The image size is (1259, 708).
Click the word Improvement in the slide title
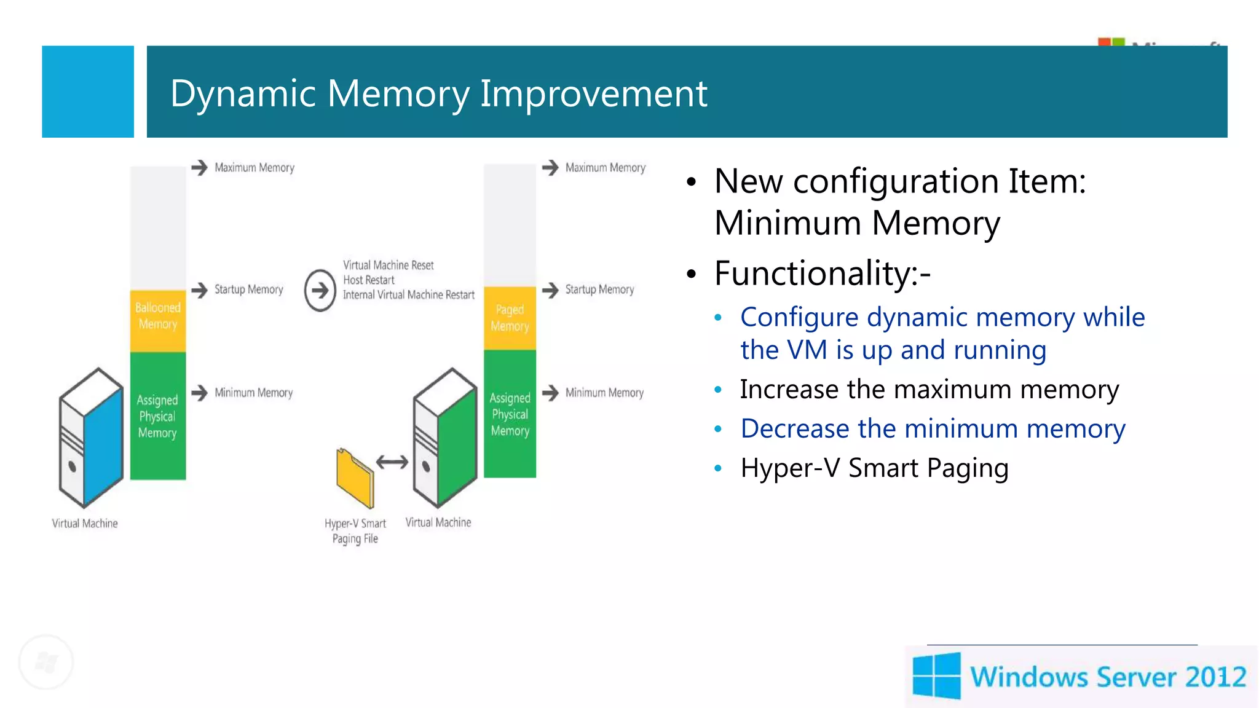coord(593,93)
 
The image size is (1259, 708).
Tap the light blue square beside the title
coord(88,92)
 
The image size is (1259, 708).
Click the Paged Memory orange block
coord(510,318)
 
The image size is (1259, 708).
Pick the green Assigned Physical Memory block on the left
coord(158,415)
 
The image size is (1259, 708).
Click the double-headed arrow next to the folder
coord(392,462)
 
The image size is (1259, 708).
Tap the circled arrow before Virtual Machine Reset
coord(320,290)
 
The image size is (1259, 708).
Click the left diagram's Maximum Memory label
coord(255,168)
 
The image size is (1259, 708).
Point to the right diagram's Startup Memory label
coord(599,289)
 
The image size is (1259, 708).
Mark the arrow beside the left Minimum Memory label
coord(200,393)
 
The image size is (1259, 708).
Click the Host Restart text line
coord(369,280)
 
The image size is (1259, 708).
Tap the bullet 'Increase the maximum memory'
coord(929,390)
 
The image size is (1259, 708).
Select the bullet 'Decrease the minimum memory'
coord(933,429)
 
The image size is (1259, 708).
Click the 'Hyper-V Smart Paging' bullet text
coord(874,468)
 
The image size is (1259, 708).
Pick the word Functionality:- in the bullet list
coord(822,273)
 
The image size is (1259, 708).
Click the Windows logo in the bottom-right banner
coord(936,676)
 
